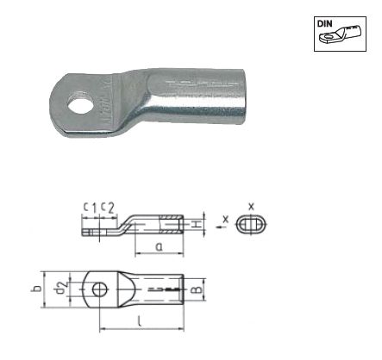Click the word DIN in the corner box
tap(324, 24)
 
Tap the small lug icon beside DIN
tap(341, 34)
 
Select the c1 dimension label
tap(90, 208)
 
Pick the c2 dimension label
tap(108, 208)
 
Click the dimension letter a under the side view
tap(159, 246)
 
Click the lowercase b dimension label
tap(36, 289)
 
